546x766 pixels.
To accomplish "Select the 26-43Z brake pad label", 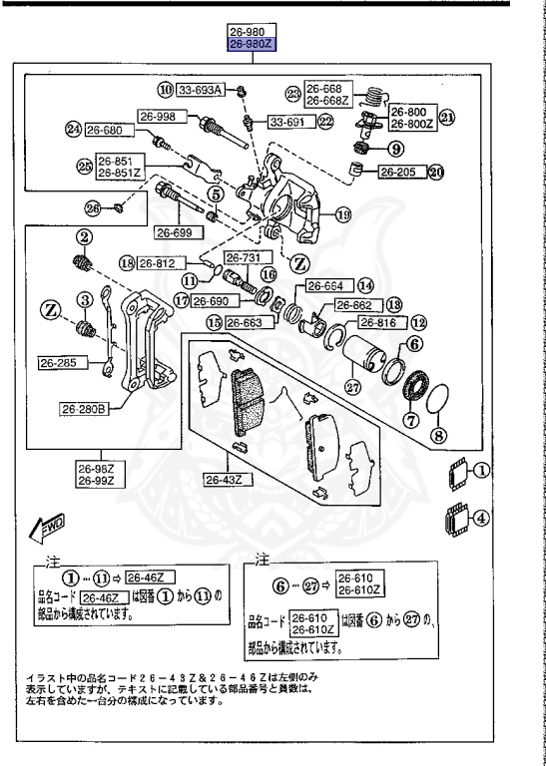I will (x=227, y=480).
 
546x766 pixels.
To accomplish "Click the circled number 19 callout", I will (x=343, y=214).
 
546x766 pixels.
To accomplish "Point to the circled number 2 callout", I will (x=86, y=236).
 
